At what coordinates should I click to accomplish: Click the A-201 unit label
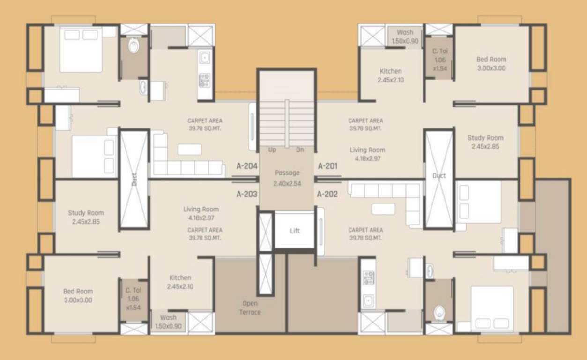point(327,166)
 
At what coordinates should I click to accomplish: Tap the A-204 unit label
point(247,166)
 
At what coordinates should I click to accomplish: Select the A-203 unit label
point(247,194)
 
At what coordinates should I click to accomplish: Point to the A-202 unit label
point(327,194)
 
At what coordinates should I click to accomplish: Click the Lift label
point(295,231)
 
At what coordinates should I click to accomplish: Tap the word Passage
point(287,173)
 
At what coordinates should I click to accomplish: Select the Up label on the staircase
point(272,150)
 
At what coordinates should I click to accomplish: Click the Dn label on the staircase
point(301,150)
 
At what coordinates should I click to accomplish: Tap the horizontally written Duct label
point(439,176)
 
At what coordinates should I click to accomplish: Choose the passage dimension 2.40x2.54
point(287,183)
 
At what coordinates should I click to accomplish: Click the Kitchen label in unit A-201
point(391,71)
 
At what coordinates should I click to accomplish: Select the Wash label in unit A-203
point(168,318)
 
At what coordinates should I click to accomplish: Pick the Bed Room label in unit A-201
point(491,60)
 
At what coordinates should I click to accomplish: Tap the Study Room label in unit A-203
point(86,213)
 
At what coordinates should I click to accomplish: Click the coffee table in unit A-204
point(189,150)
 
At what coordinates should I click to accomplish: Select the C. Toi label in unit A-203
point(134,290)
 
